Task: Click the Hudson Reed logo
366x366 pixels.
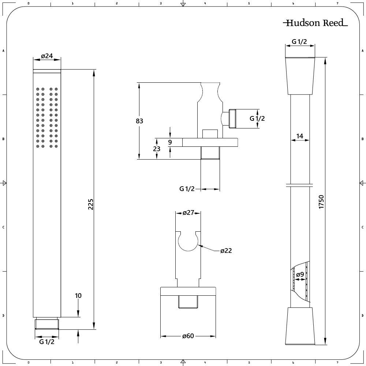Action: tap(315, 23)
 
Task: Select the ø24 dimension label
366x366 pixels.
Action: tap(47, 56)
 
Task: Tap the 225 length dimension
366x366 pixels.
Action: tap(91, 204)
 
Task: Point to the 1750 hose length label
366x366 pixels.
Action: tap(321, 202)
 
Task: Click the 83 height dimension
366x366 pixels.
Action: tap(139, 121)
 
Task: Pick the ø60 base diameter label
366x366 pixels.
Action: tap(188, 336)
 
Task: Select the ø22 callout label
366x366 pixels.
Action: tap(226, 251)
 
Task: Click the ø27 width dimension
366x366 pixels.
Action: tap(188, 213)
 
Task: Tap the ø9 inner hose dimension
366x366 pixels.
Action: tap(300, 274)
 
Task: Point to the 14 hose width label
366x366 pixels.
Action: tap(300, 136)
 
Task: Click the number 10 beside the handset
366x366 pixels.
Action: tap(78, 296)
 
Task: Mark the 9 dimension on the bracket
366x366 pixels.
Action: tap(170, 142)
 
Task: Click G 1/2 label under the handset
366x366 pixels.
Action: tap(47, 342)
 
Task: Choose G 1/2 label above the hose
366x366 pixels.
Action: tap(299, 42)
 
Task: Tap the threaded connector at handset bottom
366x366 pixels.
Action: tap(47, 324)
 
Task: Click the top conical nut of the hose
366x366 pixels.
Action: tap(300, 75)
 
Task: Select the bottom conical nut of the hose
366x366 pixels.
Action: tap(300, 326)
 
